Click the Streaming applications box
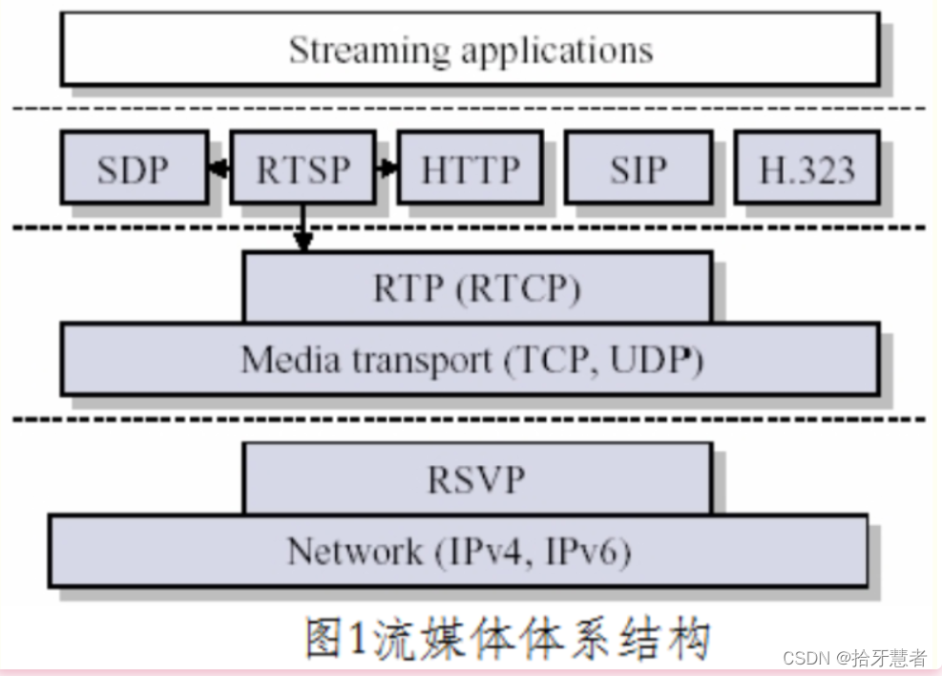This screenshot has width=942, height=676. coord(470,50)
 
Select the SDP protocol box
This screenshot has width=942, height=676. coord(134,169)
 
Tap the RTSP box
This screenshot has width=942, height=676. coord(303,169)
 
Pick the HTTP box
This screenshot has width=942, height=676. coord(471,169)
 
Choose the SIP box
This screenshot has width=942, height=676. coord(638,169)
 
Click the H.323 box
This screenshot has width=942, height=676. coord(806,169)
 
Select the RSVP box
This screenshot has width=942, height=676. coord(477,478)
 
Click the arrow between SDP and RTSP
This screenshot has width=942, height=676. coord(219,170)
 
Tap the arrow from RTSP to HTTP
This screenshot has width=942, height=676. coord(387,170)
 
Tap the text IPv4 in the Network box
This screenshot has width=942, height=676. coord(481,552)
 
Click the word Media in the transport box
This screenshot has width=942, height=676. coord(277,360)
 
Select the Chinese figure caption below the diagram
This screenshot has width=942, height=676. coord(508,638)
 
